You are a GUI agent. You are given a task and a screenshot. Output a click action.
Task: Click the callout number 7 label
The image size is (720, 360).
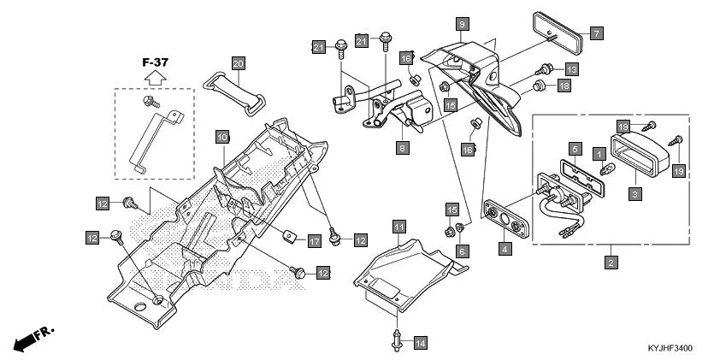pos(596,33)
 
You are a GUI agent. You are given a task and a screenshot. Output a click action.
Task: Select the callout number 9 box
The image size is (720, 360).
pos(462,24)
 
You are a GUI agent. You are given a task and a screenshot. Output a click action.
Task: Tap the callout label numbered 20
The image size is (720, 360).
pos(239,63)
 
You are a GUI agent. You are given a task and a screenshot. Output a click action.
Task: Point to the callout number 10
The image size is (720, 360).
pos(221,137)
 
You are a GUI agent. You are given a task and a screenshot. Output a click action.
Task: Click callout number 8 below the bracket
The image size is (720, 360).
pos(402,148)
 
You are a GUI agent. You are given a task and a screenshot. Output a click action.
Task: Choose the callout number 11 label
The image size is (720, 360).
pos(399,227)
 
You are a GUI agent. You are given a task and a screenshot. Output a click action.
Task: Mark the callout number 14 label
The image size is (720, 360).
pos(420,343)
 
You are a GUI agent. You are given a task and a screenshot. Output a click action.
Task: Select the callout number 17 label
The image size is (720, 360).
pos(314,241)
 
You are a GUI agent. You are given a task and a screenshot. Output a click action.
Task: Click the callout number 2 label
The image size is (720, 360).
pos(611,262)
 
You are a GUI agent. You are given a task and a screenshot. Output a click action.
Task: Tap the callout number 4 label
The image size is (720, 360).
pos(505,249)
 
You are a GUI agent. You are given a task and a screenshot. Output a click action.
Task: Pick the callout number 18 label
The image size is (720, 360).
pos(564,86)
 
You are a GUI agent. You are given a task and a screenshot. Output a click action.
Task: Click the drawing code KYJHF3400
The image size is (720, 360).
pos(670,349)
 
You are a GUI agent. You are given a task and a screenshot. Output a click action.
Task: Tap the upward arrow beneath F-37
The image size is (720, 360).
pos(154,77)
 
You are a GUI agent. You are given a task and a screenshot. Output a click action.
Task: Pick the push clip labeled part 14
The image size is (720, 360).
pos(398,336)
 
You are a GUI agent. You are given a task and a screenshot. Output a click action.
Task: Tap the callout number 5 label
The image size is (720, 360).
pos(576,148)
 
